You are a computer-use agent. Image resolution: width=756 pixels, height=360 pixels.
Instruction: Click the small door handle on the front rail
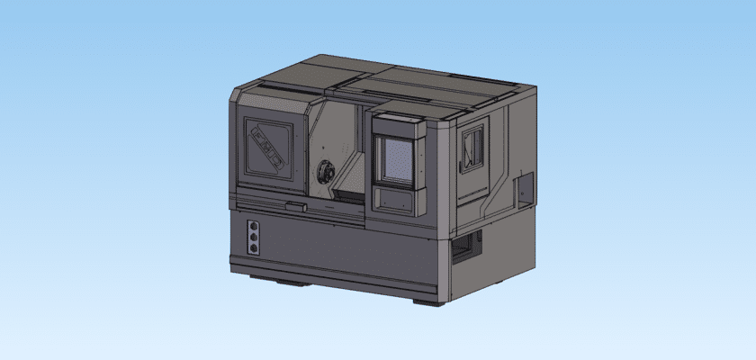click(304, 208)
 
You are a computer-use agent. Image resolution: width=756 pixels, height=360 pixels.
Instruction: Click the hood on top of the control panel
click(395, 123)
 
